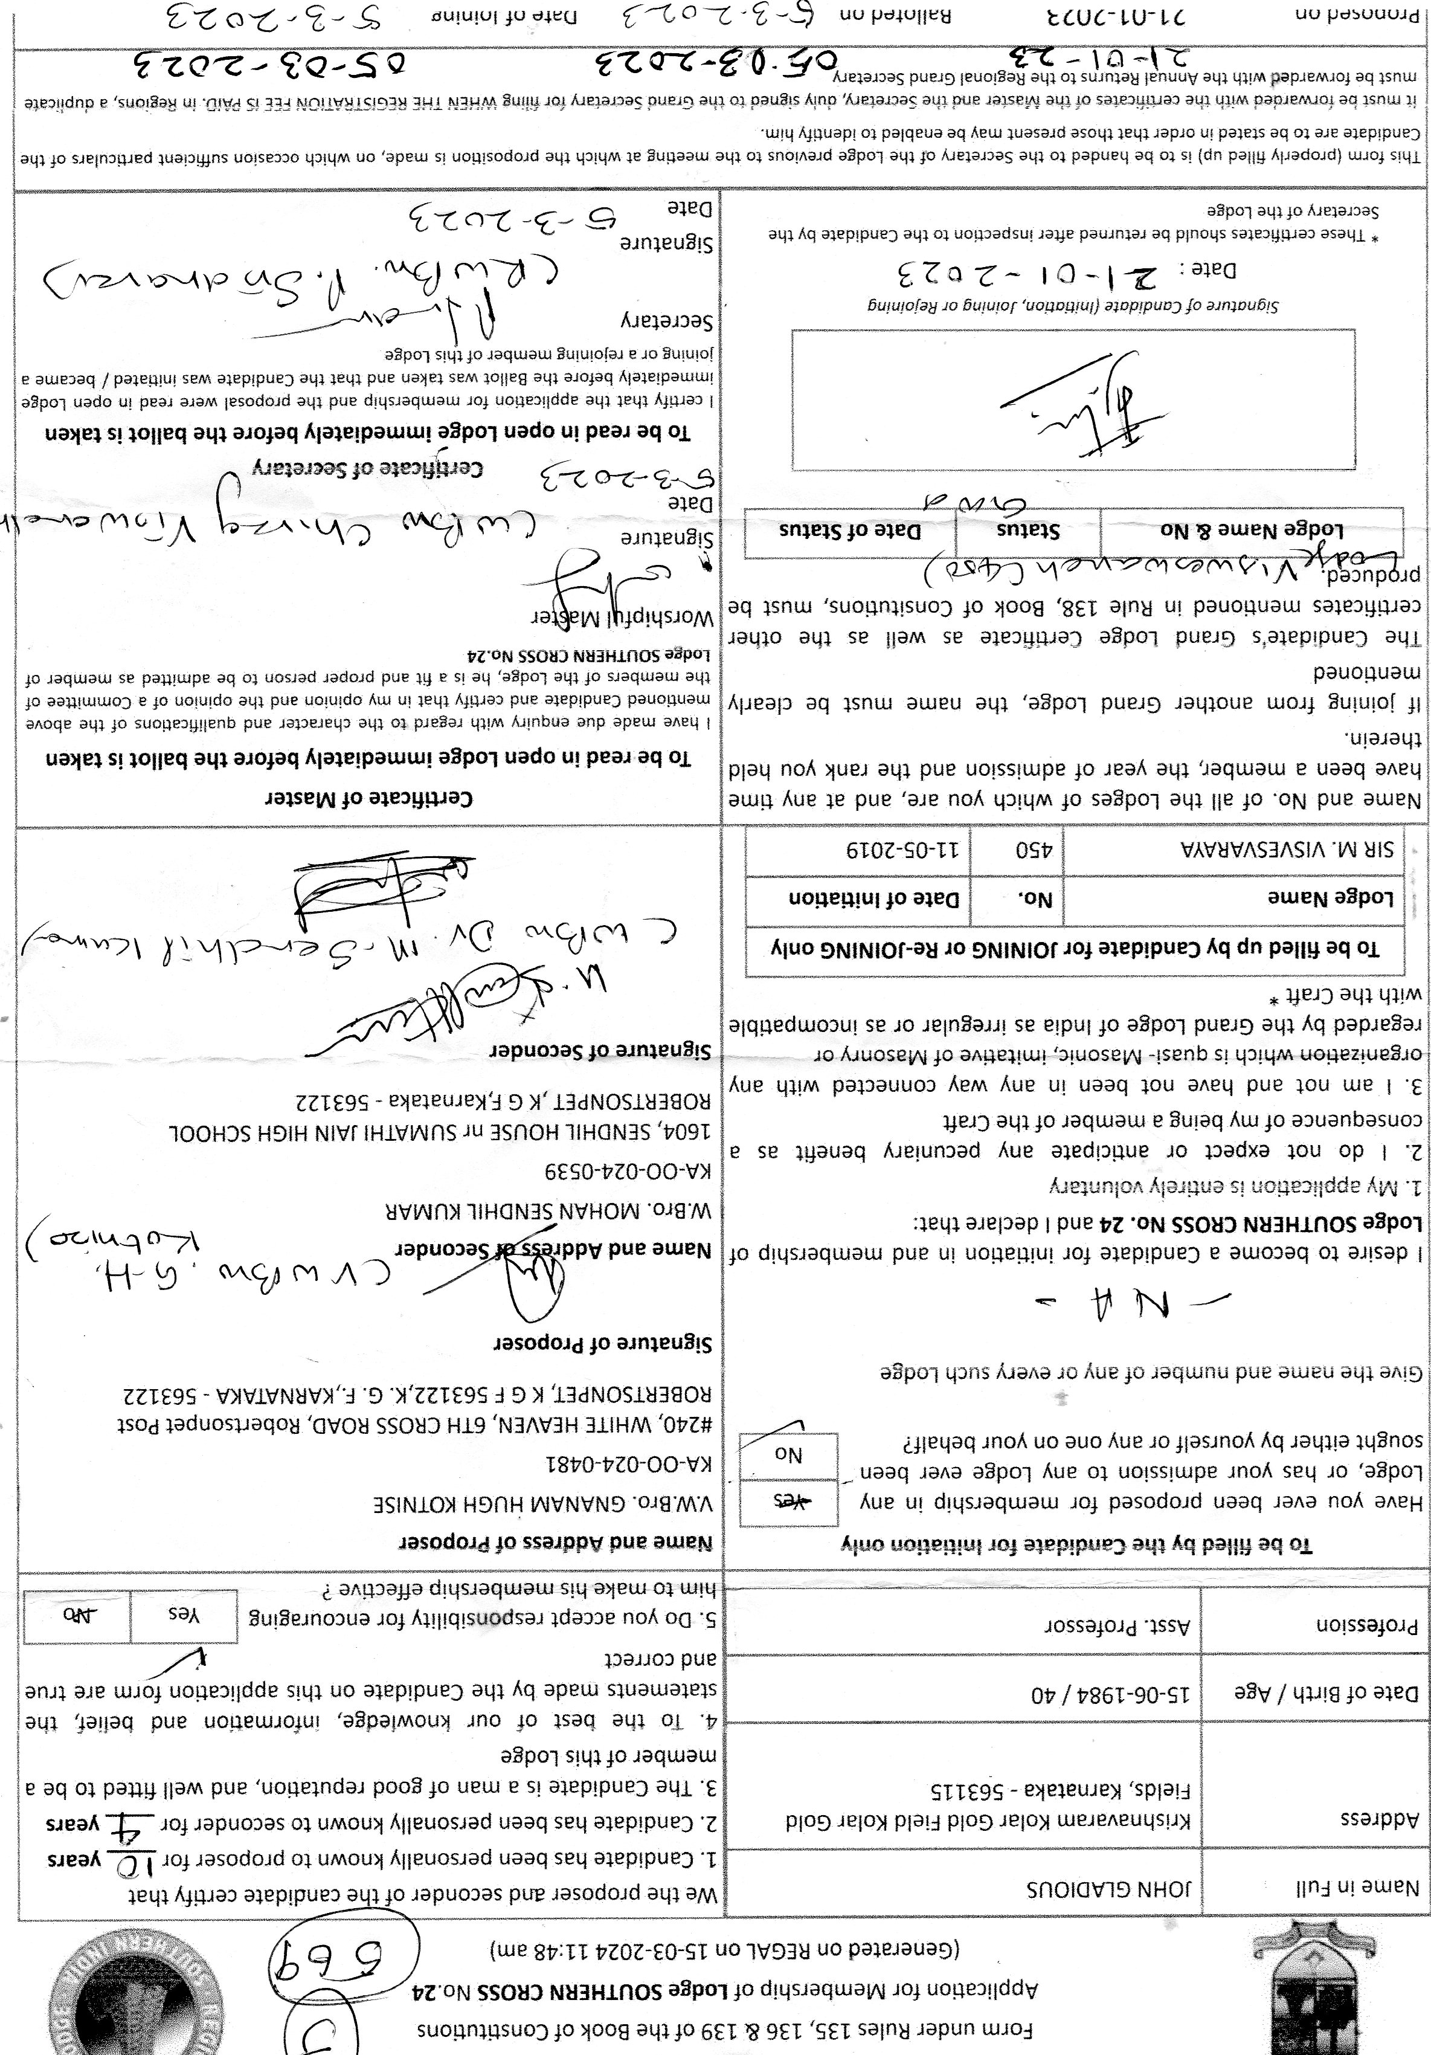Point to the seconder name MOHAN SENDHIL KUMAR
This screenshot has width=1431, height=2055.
tap(548, 1213)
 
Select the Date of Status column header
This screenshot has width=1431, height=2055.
tap(850, 531)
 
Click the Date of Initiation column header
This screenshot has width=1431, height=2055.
tap(873, 898)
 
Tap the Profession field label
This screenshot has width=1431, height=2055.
tap(1366, 1625)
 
